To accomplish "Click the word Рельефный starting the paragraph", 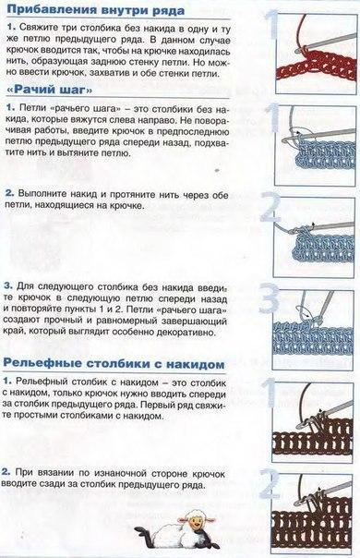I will (x=45, y=382).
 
